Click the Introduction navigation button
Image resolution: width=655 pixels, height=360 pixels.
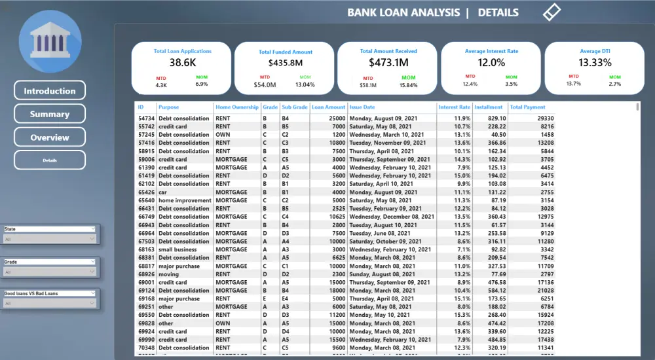pyautogui.click(x=50, y=91)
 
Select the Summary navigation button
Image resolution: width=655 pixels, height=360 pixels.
pyautogui.click(x=50, y=114)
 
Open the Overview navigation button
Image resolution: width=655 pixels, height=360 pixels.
pyautogui.click(x=50, y=137)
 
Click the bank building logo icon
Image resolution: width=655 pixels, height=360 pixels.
pyautogui.click(x=50, y=42)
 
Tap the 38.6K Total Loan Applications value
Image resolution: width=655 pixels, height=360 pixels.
pyautogui.click(x=182, y=63)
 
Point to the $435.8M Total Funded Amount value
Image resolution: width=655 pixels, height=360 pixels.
pyautogui.click(x=285, y=63)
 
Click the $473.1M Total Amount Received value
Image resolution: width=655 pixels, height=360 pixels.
pyautogui.click(x=388, y=63)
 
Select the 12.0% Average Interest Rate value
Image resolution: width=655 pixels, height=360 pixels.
pyautogui.click(x=491, y=63)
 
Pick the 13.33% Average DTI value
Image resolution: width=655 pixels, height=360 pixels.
pyautogui.click(x=595, y=63)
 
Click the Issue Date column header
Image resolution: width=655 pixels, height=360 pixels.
pyautogui.click(x=362, y=107)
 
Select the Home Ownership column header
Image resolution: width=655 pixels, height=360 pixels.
pyautogui.click(x=236, y=107)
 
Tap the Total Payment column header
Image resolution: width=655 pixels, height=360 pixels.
pyautogui.click(x=527, y=107)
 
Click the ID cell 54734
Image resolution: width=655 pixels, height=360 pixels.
pyautogui.click(x=146, y=118)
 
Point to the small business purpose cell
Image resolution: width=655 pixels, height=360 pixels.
pyautogui.click(x=178, y=249)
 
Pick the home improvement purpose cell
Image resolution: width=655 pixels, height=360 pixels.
pyautogui.click(x=185, y=200)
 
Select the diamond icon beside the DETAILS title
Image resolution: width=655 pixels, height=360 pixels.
pyautogui.click(x=552, y=12)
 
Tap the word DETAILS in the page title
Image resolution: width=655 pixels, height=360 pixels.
pyautogui.click(x=498, y=12)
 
